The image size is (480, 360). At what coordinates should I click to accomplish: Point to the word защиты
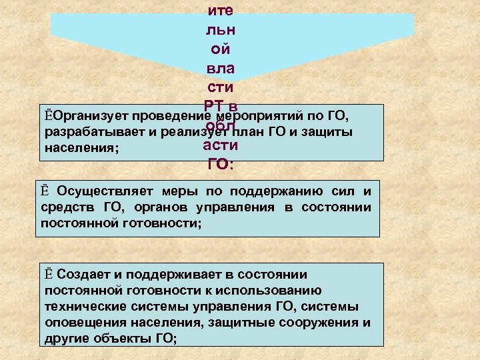(x=330, y=131)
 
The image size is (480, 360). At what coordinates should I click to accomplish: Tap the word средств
(x=67, y=207)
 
